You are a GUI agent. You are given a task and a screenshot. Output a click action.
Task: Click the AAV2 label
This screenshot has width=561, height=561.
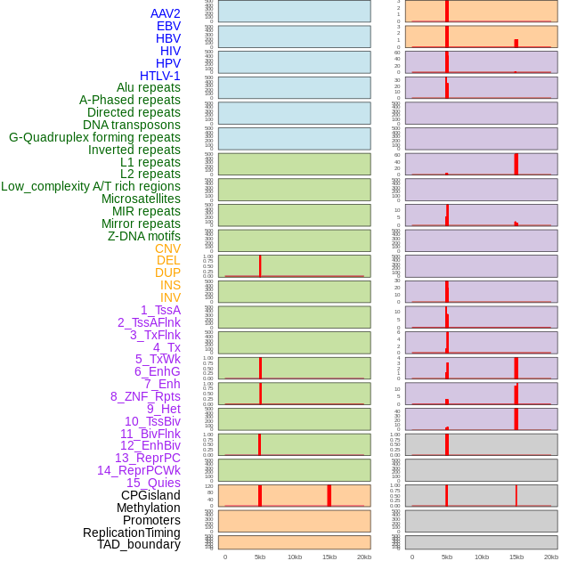(x=166, y=13)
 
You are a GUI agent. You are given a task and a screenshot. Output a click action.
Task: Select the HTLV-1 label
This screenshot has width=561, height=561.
(x=160, y=76)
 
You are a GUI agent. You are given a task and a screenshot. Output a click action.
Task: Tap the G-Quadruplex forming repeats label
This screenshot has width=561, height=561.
(x=94, y=137)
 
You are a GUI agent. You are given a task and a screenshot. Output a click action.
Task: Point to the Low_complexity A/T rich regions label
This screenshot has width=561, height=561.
(x=91, y=186)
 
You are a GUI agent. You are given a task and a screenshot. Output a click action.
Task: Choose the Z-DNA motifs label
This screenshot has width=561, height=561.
(x=144, y=236)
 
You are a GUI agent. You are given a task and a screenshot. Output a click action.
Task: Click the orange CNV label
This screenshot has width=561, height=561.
(x=167, y=248)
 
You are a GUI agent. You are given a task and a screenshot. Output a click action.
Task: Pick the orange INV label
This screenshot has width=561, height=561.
(x=170, y=297)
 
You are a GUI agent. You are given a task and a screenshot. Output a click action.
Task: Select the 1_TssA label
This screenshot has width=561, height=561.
(x=160, y=310)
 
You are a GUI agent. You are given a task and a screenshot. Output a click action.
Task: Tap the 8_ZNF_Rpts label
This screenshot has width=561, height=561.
(x=145, y=396)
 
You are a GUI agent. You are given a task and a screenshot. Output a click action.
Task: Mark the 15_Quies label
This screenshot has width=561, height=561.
(x=153, y=483)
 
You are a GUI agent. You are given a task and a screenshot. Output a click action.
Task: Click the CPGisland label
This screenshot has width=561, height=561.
(x=150, y=495)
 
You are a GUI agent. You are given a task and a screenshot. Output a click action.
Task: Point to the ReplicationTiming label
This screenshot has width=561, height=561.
(x=132, y=533)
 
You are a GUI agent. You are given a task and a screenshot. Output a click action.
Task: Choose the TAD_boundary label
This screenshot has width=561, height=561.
(x=139, y=544)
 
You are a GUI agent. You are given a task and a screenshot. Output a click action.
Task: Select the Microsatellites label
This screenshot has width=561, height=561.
(x=141, y=199)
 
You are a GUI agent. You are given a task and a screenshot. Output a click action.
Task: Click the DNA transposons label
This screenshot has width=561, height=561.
(x=132, y=125)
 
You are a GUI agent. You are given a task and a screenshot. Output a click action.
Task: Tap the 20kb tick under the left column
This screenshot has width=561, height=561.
(x=364, y=557)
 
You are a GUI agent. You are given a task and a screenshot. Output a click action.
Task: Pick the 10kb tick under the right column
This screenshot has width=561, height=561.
(x=482, y=557)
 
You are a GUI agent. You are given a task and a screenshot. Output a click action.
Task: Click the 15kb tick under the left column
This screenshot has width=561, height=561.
(x=329, y=557)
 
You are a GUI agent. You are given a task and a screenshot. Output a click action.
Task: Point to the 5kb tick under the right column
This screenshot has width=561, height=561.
(x=447, y=557)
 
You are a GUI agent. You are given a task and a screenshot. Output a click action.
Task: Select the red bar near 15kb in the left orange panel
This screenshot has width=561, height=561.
(x=329, y=496)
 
